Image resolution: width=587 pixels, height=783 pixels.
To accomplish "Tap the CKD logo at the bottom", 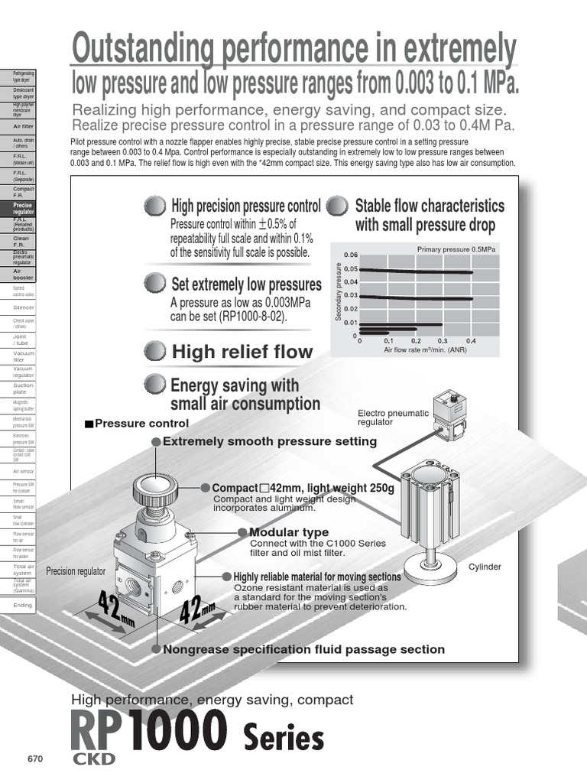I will tap(93, 759).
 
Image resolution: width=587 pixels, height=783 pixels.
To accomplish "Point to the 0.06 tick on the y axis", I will tap(350, 255).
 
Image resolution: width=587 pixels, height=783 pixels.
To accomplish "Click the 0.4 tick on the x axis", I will tap(471, 341).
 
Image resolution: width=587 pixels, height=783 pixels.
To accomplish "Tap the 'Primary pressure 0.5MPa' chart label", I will tap(456, 249).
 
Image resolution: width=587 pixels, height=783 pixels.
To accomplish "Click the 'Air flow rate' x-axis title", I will tap(425, 349).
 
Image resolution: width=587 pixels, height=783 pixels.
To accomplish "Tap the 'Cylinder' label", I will tap(485, 567).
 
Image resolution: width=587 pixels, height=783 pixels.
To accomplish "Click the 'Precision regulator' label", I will tap(72, 570).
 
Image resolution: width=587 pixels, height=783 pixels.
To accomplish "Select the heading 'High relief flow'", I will tap(242, 352).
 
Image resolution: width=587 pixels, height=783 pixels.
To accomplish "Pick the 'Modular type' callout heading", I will tap(289, 532).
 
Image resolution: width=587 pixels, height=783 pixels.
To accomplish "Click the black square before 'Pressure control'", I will tap(89, 424).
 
